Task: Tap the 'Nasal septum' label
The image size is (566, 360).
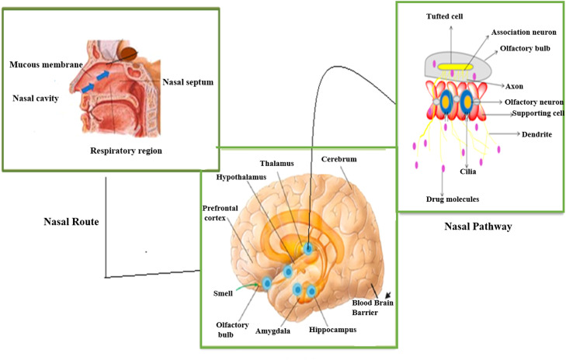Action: point(189,81)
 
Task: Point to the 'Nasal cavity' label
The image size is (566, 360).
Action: point(36,99)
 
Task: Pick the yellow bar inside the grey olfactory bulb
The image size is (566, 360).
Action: point(457,68)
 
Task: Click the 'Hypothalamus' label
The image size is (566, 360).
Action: point(243,177)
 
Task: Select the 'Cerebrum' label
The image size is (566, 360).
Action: point(339,159)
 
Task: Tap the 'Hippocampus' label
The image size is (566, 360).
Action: point(332,330)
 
